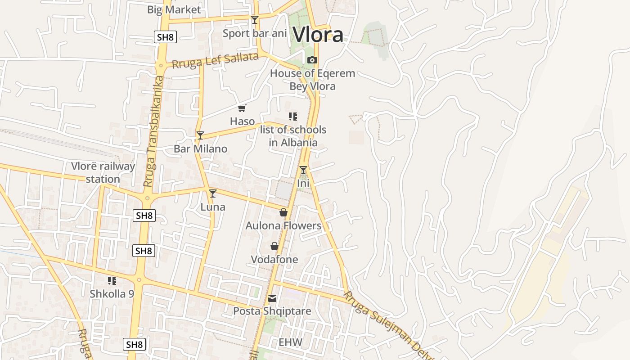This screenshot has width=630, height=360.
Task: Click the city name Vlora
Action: (x=318, y=35)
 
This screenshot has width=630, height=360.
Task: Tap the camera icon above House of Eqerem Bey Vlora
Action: (x=312, y=60)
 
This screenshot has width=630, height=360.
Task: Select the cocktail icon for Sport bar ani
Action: (x=255, y=19)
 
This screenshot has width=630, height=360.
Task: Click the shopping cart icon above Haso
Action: (x=242, y=108)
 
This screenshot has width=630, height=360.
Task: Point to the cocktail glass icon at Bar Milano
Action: (x=200, y=135)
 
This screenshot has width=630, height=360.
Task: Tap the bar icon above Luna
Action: (x=213, y=193)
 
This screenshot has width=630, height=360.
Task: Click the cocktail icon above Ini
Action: (x=303, y=170)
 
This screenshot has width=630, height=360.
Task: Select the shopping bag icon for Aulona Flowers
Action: (x=283, y=212)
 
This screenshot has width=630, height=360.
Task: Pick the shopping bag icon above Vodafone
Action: (x=274, y=246)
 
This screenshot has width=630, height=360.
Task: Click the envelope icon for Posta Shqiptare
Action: (x=272, y=298)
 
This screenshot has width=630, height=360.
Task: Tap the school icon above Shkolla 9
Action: (x=112, y=281)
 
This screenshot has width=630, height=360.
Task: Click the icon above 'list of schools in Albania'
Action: (x=293, y=117)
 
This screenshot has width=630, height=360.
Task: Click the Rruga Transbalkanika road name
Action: (x=153, y=131)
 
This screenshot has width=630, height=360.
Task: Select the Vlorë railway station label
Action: (x=103, y=172)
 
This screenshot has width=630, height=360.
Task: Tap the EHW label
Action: (x=290, y=342)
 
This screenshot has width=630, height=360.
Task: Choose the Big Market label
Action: (x=174, y=9)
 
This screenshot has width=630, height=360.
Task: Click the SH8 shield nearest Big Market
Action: (x=165, y=37)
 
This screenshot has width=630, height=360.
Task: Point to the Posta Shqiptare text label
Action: (x=272, y=311)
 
